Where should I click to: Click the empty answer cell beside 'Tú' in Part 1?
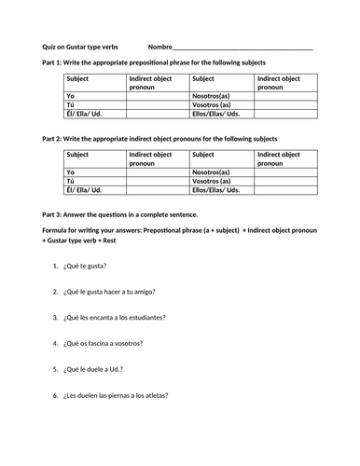156,104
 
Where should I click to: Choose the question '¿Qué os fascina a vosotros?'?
110,343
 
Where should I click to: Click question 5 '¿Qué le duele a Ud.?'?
100,369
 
